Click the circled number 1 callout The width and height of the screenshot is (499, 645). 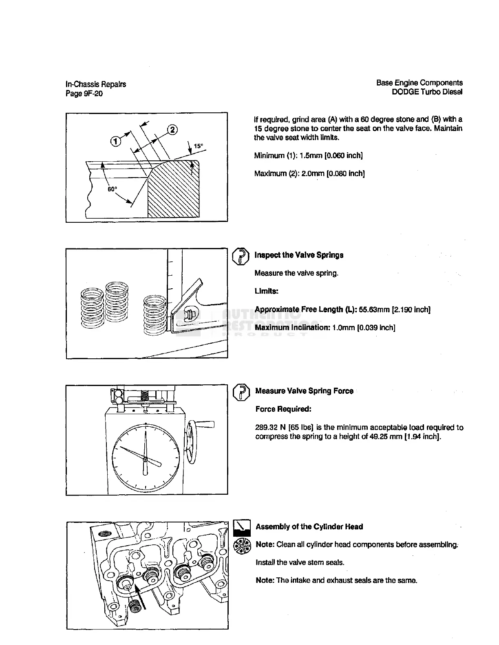point(116,141)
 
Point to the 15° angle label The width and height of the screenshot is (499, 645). point(198,146)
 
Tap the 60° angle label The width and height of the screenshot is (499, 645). point(112,189)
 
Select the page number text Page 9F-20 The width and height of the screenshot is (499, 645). point(84,94)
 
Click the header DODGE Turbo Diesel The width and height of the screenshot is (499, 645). point(427,92)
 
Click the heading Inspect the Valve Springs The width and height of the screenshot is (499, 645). point(299,255)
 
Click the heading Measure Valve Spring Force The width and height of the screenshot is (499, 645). point(304,391)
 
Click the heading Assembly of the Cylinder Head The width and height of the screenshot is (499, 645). point(309,527)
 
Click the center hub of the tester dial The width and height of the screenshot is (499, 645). point(145,459)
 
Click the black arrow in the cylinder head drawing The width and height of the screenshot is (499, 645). point(140,595)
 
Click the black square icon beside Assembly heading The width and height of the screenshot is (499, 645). point(242,528)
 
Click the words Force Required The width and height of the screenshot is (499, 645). point(278,409)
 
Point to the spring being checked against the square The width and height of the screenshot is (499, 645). point(155,316)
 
